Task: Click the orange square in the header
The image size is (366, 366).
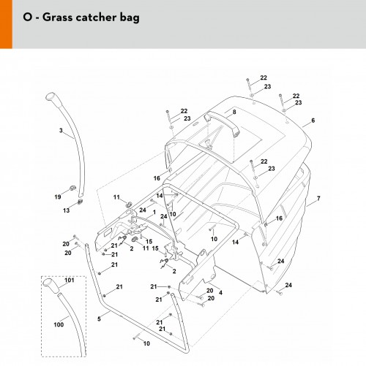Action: point(6,24)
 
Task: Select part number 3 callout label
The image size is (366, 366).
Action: point(61,130)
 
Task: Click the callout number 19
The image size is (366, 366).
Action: point(58,197)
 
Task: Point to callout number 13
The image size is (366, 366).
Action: point(67,210)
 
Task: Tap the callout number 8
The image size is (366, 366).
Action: point(234,112)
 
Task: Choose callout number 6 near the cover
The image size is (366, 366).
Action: point(313,121)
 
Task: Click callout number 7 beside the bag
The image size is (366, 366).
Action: point(318,199)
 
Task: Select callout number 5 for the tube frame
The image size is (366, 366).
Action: point(99,319)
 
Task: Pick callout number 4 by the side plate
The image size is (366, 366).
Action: point(220,292)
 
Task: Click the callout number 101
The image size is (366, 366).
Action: point(70,280)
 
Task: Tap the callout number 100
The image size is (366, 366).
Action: point(59,324)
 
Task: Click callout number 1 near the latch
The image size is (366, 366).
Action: point(154,213)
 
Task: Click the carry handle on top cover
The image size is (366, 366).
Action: point(222,122)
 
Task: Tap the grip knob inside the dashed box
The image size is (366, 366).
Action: point(51,285)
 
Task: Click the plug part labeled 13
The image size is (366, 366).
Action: point(80,202)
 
